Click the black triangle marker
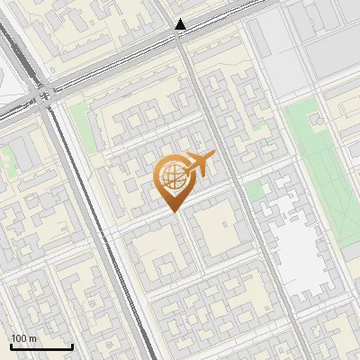(181, 25)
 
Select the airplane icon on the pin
(199, 164)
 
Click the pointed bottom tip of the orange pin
(175, 211)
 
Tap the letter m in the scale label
(33, 338)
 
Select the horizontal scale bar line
(41, 347)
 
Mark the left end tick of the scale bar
(11, 346)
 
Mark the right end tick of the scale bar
(72, 346)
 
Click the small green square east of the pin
(254, 190)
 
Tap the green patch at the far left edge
(5, 162)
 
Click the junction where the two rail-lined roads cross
(42, 93)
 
